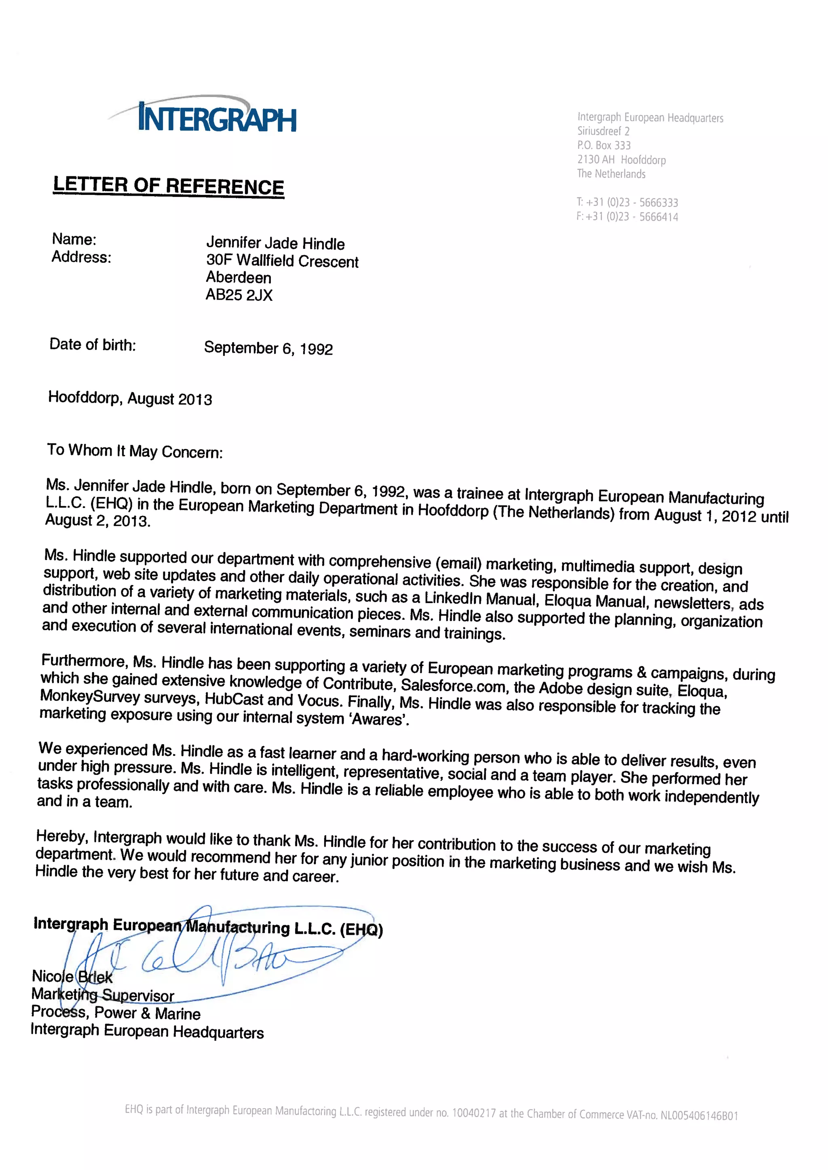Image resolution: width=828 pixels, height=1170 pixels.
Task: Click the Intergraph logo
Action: coord(217,117)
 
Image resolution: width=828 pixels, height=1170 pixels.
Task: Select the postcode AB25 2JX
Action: coord(239,295)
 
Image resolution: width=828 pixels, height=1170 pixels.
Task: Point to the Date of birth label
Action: coord(92,345)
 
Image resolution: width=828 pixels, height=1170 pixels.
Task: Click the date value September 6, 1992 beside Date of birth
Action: coord(268,348)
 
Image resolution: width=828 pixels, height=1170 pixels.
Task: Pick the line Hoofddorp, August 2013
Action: coord(130,398)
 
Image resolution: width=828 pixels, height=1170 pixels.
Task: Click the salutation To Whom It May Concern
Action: coord(135,451)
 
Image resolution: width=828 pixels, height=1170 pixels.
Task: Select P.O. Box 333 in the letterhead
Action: coord(604,145)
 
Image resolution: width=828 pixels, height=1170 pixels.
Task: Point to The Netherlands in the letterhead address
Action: coord(611,174)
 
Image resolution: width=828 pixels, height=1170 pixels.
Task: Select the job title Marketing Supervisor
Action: coord(102,994)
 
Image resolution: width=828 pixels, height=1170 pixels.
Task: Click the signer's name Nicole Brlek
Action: coord(72,976)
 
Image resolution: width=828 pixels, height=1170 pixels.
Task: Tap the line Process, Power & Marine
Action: coord(115,1012)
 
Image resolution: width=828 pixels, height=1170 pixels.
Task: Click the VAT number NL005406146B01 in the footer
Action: coord(699,1115)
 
